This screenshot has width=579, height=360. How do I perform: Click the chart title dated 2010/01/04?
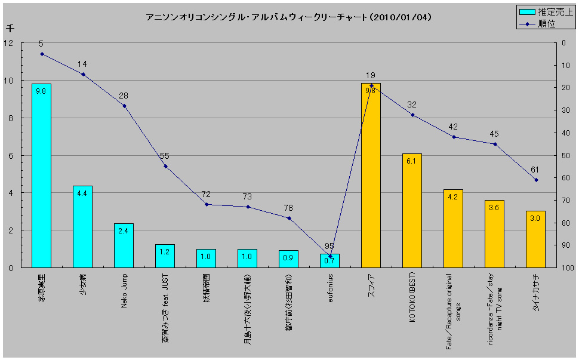click(x=288, y=18)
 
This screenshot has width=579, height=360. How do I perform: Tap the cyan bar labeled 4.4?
click(x=82, y=227)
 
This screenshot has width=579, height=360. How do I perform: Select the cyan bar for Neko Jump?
click(x=124, y=245)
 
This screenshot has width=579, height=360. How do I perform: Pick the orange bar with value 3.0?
click(x=535, y=239)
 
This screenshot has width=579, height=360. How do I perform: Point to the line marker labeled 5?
click(x=42, y=54)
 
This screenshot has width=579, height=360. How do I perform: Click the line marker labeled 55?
click(x=165, y=166)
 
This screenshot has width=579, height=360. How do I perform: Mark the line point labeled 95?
click(x=330, y=256)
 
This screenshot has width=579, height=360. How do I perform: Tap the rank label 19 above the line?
click(x=370, y=75)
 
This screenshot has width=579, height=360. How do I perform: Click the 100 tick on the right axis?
click(x=567, y=267)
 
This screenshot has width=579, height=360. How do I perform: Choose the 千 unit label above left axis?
click(x=10, y=28)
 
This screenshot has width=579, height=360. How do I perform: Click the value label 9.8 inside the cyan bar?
click(x=41, y=91)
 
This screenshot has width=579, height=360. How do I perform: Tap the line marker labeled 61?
click(x=536, y=180)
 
